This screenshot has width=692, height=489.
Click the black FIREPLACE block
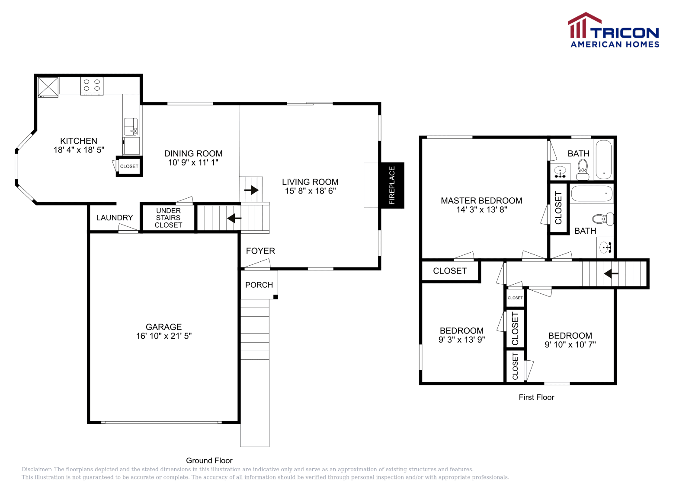[391, 185]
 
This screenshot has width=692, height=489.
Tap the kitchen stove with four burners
[92, 85]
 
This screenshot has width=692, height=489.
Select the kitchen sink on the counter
[131, 127]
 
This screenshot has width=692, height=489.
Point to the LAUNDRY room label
[115, 218]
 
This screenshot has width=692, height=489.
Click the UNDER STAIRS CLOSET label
[168, 218]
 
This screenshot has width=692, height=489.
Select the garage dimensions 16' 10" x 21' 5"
[163, 336]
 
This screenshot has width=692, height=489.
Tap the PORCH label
[259, 285]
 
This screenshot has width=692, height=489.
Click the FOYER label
[260, 251]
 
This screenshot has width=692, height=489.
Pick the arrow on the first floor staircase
[611, 273]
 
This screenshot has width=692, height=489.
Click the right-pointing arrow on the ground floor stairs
[251, 190]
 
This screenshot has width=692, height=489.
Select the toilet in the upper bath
[583, 168]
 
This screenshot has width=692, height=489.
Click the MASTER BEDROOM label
[481, 200]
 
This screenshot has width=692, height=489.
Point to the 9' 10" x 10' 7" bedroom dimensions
[570, 345]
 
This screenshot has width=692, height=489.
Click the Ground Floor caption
[209, 460]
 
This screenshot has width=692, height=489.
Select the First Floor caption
[536, 397]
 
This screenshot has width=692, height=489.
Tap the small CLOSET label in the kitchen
[129, 166]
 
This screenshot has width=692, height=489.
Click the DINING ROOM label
[193, 153]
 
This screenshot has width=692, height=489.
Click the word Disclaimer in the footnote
[36, 470]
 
